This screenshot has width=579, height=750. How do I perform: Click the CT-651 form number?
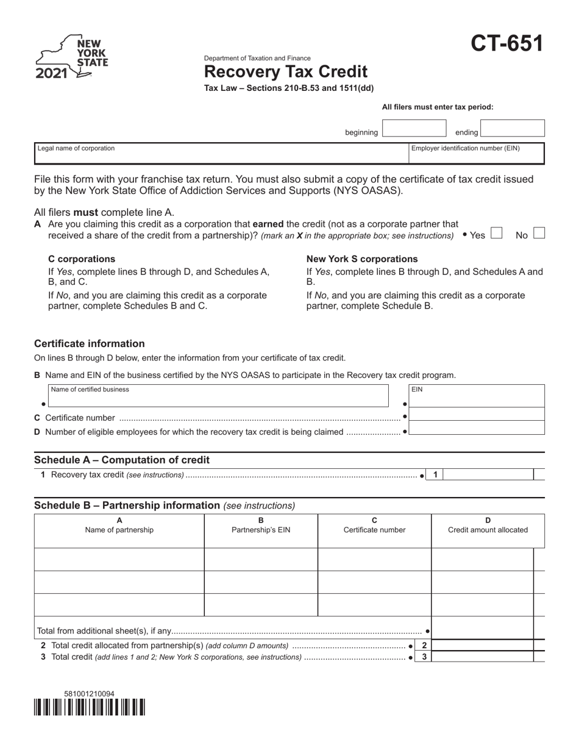506,44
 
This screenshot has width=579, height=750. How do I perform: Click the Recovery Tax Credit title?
285,72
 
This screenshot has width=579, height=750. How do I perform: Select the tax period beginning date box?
414,129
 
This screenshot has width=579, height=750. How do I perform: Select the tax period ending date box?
512,129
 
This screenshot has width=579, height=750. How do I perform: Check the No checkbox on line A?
539,233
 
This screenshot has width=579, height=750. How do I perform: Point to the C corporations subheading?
82,259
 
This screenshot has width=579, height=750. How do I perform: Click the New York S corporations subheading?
362,259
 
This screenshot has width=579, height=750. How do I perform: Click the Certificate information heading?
90,344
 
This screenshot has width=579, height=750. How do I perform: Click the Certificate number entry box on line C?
477,415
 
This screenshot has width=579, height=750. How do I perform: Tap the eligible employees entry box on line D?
477,428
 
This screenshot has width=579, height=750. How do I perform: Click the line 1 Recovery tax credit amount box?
488,474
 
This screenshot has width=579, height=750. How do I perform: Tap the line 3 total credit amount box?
483,657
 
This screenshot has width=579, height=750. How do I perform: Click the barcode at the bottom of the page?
90,707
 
